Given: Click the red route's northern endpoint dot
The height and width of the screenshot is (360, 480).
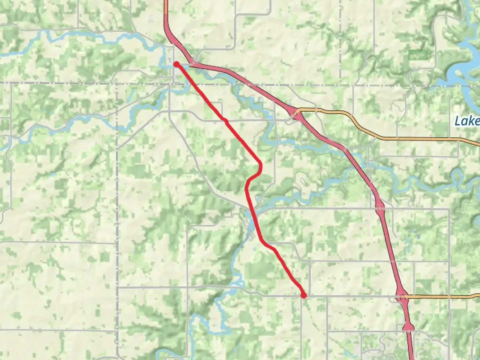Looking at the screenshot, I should coord(176,64).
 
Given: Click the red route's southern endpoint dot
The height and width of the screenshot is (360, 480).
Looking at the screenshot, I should coord(303,295).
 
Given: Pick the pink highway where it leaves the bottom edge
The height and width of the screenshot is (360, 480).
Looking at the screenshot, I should coord(412,358).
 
